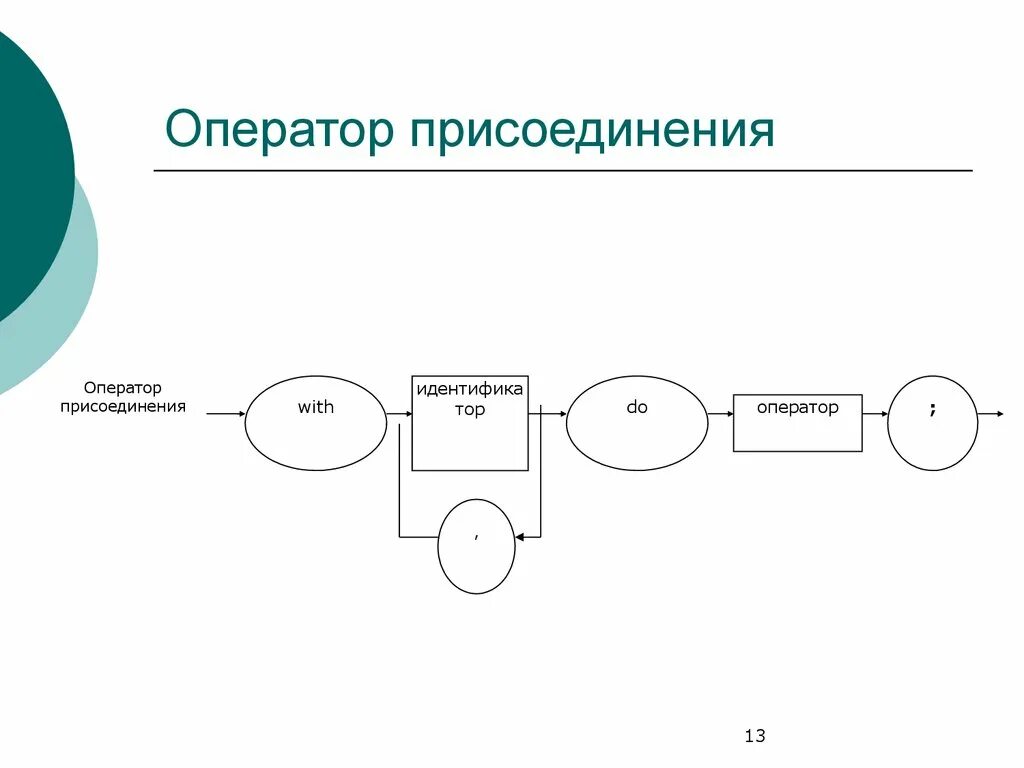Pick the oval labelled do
(637, 423)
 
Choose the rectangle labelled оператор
(797, 423)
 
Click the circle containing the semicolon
(932, 423)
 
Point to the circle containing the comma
(477, 546)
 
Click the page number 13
(755, 737)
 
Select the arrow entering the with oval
(225, 413)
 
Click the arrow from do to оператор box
(720, 413)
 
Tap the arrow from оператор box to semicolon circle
(875, 413)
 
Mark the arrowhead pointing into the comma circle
(522, 536)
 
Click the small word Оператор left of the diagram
(122, 387)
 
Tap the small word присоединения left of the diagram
(122, 406)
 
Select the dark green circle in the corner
(25, 170)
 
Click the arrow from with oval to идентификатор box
(399, 413)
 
